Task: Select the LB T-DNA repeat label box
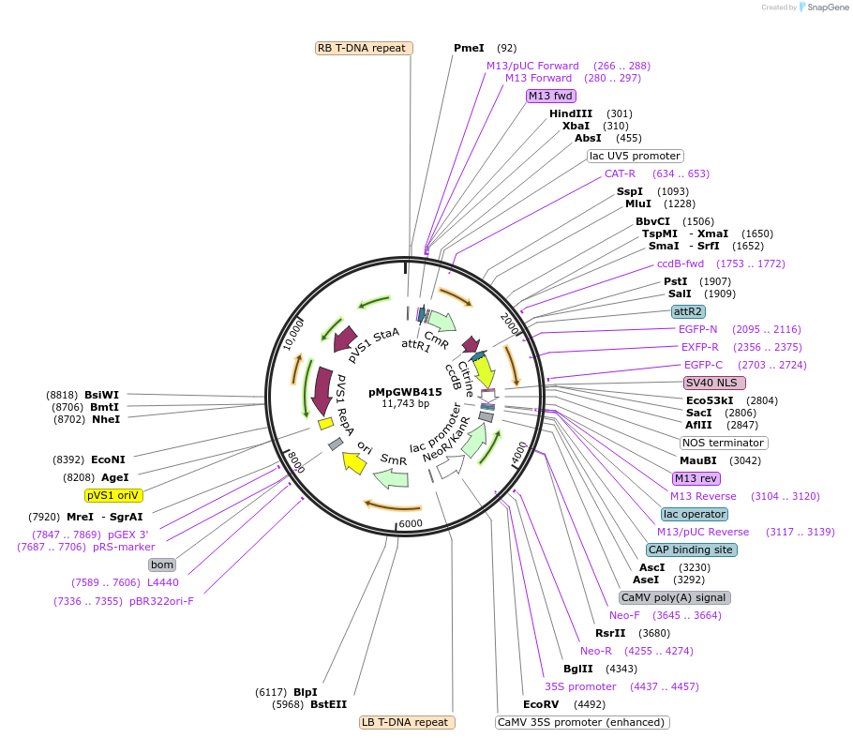[x=408, y=722]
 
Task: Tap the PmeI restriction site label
[x=469, y=48]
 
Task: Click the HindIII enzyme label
[x=571, y=113]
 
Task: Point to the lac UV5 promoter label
[x=635, y=156]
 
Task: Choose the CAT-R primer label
[x=620, y=173]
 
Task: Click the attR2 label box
[x=688, y=311]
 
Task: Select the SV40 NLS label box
[x=714, y=383]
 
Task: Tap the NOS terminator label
[x=723, y=443]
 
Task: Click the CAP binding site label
[x=692, y=550]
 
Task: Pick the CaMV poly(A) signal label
[x=674, y=597]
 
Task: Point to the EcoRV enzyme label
[x=541, y=704]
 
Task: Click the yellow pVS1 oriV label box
[x=113, y=494]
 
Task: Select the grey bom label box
[x=162, y=565]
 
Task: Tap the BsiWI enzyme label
[x=102, y=395]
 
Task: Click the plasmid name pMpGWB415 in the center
[x=405, y=392]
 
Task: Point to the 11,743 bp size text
[x=405, y=404]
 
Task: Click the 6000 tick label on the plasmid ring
[x=411, y=523]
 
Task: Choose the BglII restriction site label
[x=578, y=669]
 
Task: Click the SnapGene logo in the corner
[x=823, y=8]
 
